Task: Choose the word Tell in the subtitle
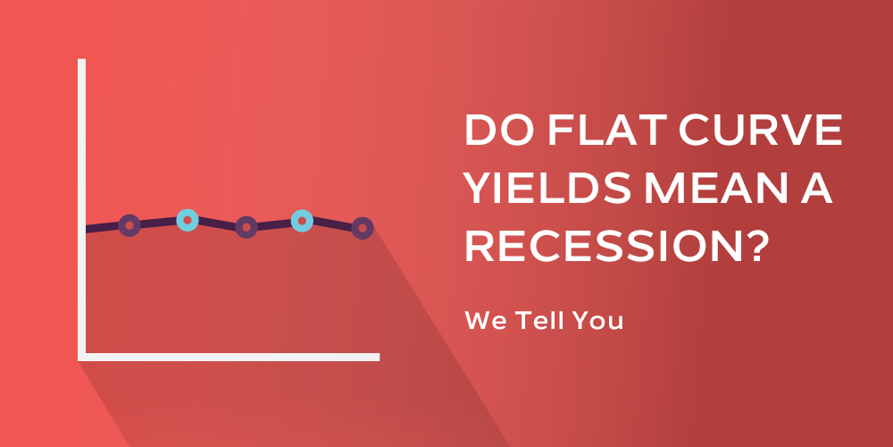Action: pyautogui.click(x=538, y=320)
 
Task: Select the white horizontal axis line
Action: pyautogui.click(x=229, y=357)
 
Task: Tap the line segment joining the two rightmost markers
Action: pyautogui.click(x=332, y=224)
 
